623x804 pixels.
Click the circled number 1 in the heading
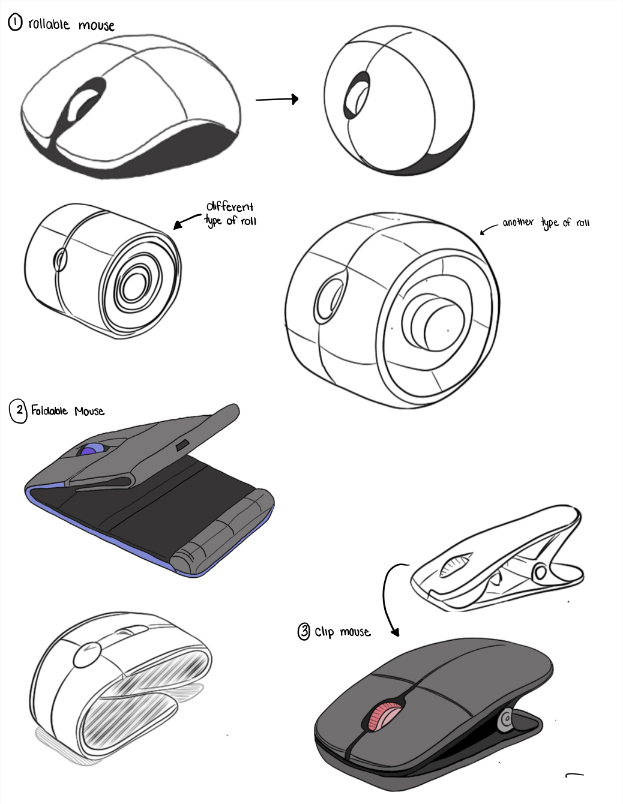(15, 23)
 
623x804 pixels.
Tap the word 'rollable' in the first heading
(49, 25)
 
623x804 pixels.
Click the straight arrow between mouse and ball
(277, 99)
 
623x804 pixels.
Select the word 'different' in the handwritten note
(230, 207)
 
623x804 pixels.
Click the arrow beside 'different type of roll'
(187, 221)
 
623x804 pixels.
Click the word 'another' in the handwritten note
(517, 223)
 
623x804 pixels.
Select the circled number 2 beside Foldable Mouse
(19, 411)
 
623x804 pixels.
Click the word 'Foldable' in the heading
(49, 411)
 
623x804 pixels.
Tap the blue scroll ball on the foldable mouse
(90, 451)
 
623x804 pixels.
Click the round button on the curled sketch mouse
(86, 655)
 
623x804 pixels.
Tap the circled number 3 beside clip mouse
(304, 631)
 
